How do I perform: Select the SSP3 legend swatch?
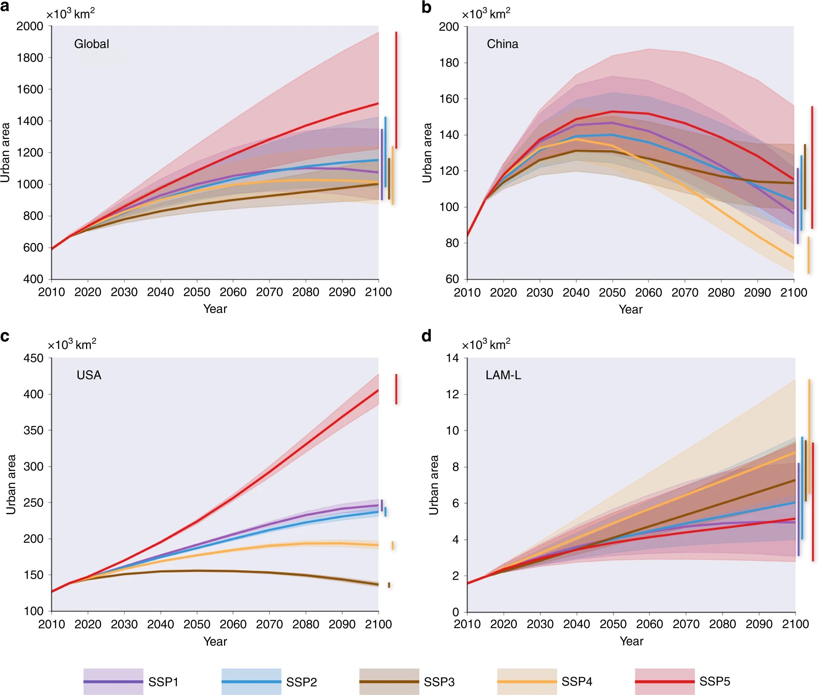pos(389,682)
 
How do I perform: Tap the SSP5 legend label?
pos(714,681)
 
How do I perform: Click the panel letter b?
pos(426,7)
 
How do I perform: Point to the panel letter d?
pos(426,336)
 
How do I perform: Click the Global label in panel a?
pos(92,44)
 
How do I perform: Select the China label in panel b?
pos(502,44)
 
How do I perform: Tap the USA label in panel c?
pos(89,375)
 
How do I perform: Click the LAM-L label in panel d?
pos(503,375)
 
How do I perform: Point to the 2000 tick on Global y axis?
pos(30,26)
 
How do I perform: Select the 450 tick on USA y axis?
pos(33,358)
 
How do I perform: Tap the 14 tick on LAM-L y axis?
pos(452,358)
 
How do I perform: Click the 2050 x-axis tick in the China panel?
pos(612,293)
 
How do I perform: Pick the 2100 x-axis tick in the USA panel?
pos(378,624)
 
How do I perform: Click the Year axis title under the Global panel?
pos(215,309)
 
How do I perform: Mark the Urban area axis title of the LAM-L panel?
pos(433,484)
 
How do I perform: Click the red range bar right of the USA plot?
pos(396,389)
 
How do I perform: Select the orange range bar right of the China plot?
pos(808,255)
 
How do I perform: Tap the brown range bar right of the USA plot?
pos(389,585)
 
